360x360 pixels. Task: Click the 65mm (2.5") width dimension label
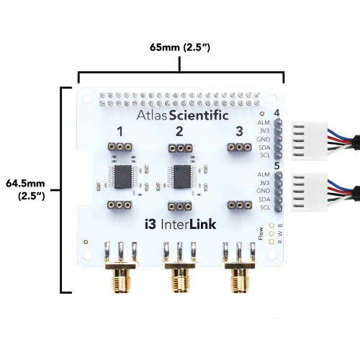click(x=180, y=48)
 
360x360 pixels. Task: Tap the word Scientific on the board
click(x=199, y=115)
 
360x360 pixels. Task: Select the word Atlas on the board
click(x=152, y=115)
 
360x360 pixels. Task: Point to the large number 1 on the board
click(x=120, y=132)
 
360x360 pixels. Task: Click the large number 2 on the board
click(x=179, y=132)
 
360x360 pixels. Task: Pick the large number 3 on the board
click(x=239, y=132)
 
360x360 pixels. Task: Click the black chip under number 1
click(x=123, y=176)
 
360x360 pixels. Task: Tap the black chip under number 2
click(x=182, y=176)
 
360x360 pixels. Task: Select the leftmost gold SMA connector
click(x=120, y=276)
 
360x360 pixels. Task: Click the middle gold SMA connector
click(x=180, y=276)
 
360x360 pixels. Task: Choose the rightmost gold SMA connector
click(x=239, y=276)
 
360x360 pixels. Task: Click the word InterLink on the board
click(x=189, y=225)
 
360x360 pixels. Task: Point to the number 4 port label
click(x=276, y=113)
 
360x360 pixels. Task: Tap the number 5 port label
click(x=276, y=166)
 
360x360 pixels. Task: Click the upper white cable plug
click(x=310, y=141)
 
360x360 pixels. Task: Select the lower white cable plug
click(x=310, y=192)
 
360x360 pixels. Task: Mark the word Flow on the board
click(x=261, y=233)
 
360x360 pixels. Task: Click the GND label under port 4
click(x=263, y=139)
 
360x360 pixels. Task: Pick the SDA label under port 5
click(x=264, y=199)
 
